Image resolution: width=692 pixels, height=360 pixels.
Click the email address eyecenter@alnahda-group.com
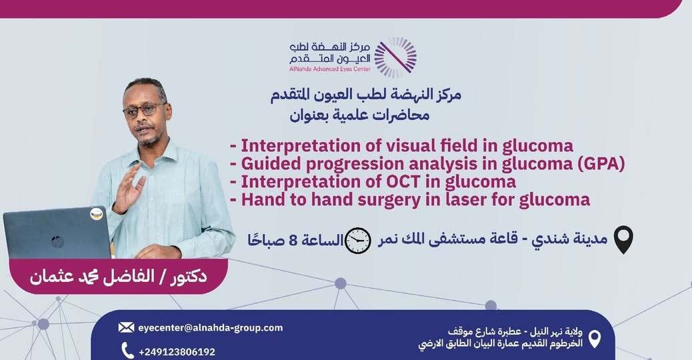point(210,328)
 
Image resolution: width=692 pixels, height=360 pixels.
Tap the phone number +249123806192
point(177,351)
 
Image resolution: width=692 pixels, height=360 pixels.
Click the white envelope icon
point(126,327)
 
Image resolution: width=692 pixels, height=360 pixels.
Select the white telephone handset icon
point(127,351)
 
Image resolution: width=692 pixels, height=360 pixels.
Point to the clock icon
point(357,241)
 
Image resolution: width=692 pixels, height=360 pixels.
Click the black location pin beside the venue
point(623,239)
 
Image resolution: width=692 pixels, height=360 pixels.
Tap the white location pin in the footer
point(595,339)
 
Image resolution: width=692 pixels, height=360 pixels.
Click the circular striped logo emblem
point(395,57)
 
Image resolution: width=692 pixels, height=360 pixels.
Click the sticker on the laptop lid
point(96,214)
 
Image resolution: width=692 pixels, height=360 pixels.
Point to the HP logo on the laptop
point(57,242)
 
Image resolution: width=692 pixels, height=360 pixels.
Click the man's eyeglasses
point(143,110)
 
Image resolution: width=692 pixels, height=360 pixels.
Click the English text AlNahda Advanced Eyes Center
point(330,69)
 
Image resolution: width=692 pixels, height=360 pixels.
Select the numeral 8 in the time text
point(292,241)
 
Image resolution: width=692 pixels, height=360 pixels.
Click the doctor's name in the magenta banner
point(118,277)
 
